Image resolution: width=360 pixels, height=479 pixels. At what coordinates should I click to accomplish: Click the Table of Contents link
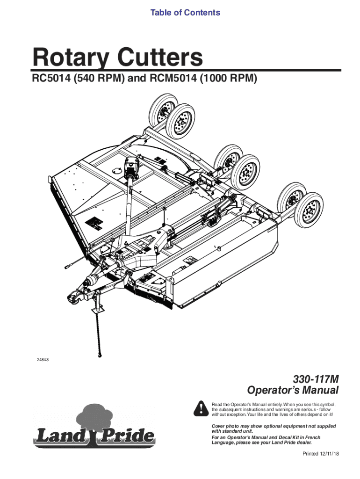point(185,13)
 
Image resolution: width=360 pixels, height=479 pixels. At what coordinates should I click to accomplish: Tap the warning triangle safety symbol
point(201,408)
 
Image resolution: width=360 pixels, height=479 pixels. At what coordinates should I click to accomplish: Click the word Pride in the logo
point(129,436)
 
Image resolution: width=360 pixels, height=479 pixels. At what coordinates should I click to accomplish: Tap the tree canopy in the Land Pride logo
point(94,414)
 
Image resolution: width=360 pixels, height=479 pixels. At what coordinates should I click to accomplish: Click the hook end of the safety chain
point(100,354)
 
